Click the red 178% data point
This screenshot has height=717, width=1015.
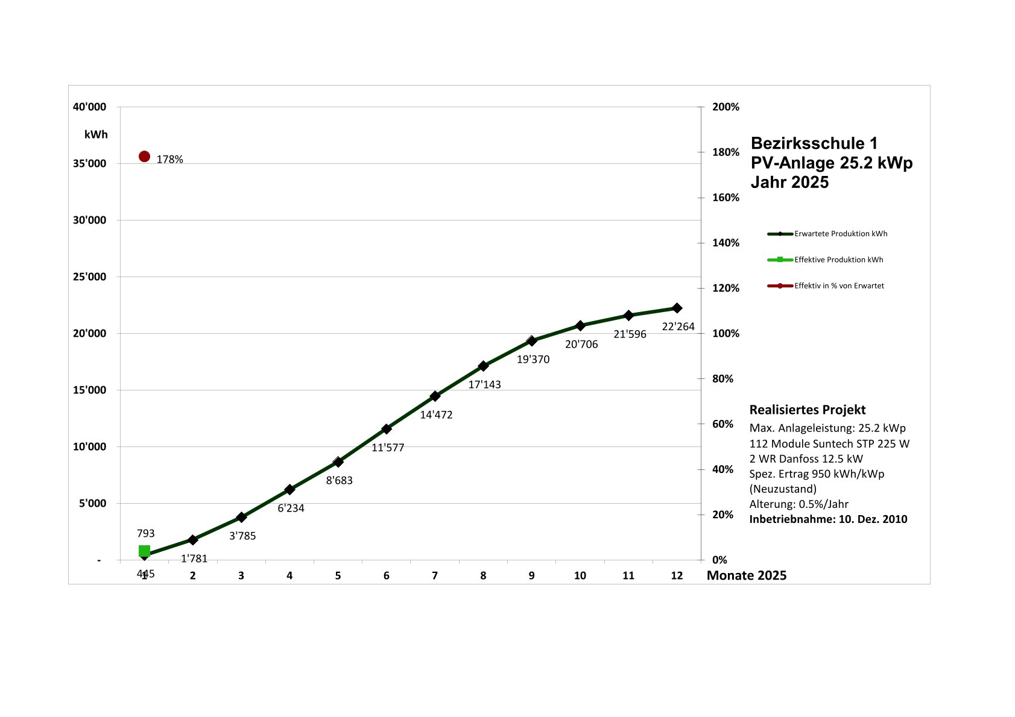[x=144, y=157]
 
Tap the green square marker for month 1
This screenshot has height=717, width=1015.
[x=144, y=551]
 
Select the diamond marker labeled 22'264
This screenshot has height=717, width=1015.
[x=677, y=308]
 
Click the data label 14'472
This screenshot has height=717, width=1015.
[x=436, y=415]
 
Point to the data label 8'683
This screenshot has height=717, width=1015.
[x=339, y=480]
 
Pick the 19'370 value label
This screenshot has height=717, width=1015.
[x=533, y=359]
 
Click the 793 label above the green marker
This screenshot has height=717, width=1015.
[x=146, y=533]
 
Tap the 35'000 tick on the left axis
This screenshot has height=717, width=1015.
[x=89, y=164]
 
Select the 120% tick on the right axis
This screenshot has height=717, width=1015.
[x=726, y=288]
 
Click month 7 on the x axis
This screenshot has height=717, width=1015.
[x=435, y=575]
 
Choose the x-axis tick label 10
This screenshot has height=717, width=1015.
[x=580, y=575]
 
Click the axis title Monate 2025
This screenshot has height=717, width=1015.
[x=747, y=575]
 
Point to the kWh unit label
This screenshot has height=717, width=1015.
[x=96, y=134]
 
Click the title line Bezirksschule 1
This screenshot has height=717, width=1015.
[x=814, y=143]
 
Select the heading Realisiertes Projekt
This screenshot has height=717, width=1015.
[x=808, y=410]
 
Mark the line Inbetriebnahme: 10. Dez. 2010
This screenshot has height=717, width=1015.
[x=828, y=519]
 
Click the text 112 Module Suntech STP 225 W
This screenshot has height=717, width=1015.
[x=829, y=443]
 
